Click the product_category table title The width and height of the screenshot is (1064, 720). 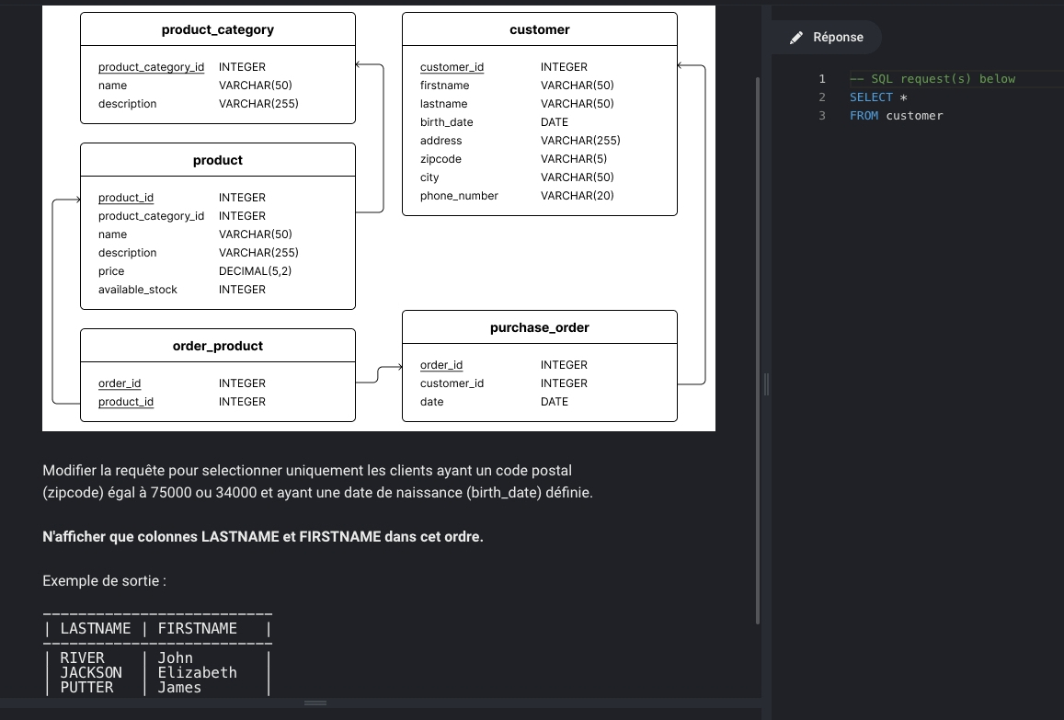coord(218,29)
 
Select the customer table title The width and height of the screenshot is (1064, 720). coord(540,29)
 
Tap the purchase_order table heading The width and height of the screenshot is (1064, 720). coord(540,327)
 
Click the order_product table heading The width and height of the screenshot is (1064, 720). coord(218,346)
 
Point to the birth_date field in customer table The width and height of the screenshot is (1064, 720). coord(447,122)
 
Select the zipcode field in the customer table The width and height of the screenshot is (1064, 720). coord(440,159)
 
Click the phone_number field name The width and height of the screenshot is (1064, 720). coord(459,196)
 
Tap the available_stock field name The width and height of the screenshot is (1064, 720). coord(138,289)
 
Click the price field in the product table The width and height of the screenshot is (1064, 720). coord(111,270)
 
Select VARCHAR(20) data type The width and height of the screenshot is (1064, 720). coord(577,196)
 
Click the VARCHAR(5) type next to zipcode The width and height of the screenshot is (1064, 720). coord(574,159)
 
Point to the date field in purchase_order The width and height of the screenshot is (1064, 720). coord(431,402)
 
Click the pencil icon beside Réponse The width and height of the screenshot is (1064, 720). coord(796,38)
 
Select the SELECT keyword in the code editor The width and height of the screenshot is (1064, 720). coord(871,97)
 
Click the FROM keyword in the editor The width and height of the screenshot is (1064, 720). coord(864,115)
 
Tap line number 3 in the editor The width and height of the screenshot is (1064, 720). coord(822,115)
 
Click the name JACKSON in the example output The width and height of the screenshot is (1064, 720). coord(91,672)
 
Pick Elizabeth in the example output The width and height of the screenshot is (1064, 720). coord(198,672)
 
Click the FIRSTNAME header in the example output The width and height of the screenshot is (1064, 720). coord(198,628)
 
